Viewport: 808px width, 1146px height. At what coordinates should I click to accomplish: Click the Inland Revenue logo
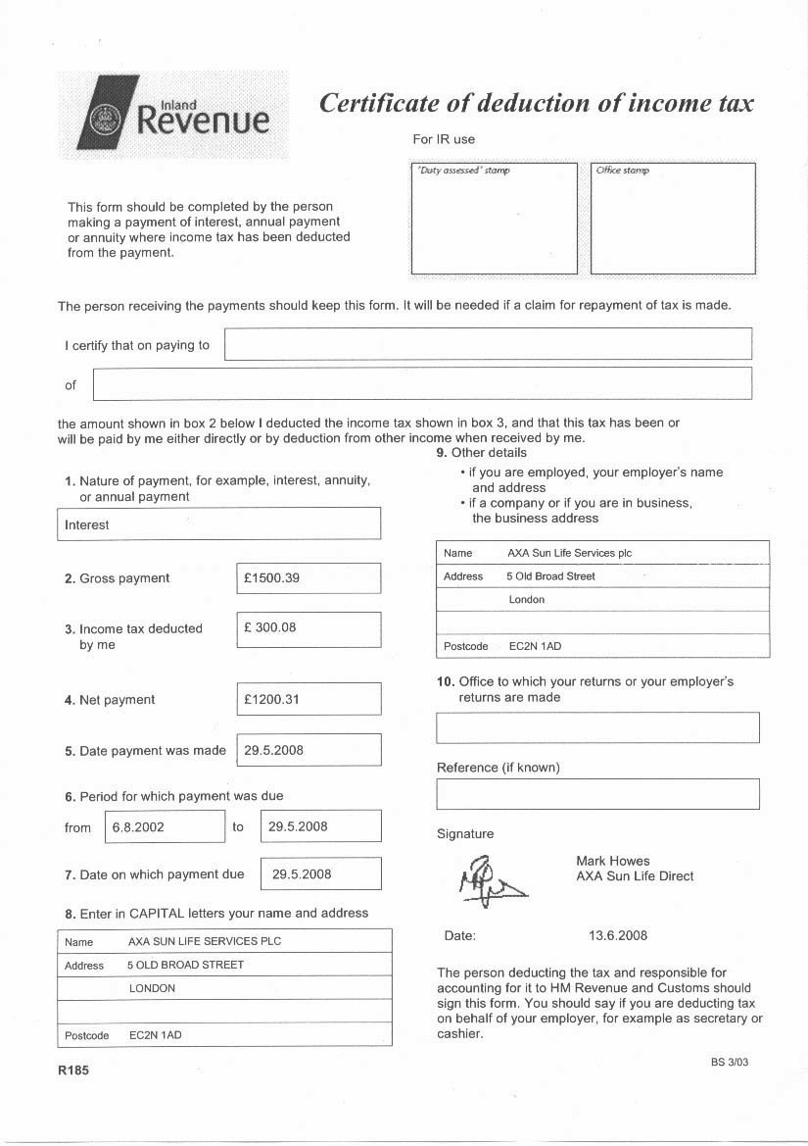coord(173,115)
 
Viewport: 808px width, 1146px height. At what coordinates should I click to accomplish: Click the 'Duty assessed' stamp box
coord(494,219)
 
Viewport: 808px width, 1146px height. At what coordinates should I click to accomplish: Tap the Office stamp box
coord(673,219)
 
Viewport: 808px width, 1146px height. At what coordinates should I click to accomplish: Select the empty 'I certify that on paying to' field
coord(488,344)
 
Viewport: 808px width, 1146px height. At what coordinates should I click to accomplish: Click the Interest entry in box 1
coord(87,524)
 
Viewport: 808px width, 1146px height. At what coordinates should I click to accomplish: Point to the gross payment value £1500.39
coord(272,578)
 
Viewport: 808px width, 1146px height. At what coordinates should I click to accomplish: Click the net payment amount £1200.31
coord(272,700)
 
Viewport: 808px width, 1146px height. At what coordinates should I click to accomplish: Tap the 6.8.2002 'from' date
coord(138,826)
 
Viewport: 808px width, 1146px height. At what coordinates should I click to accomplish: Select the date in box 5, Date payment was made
coord(274,750)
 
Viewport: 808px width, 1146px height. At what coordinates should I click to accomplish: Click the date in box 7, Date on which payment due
coord(302,873)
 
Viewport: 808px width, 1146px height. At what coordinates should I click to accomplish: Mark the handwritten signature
coord(488,878)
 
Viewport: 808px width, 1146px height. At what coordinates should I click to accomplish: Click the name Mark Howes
coord(613,861)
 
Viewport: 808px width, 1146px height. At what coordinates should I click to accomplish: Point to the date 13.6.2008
coord(618,935)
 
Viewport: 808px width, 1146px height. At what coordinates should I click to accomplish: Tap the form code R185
coord(73,1071)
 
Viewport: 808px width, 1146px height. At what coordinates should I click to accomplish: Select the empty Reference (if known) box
coord(597,793)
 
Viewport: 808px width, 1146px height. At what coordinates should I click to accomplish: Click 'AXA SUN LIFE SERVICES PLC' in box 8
coord(205,941)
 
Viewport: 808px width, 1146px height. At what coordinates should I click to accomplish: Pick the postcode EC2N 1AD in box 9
coord(536,646)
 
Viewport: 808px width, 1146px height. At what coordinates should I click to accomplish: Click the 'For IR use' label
coord(444,139)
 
